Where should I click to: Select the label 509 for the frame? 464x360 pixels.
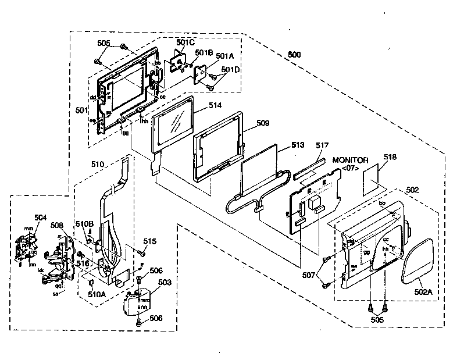263,123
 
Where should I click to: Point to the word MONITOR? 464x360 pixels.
351,159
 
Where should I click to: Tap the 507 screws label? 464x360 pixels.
309,273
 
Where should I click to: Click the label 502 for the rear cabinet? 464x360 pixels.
412,190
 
